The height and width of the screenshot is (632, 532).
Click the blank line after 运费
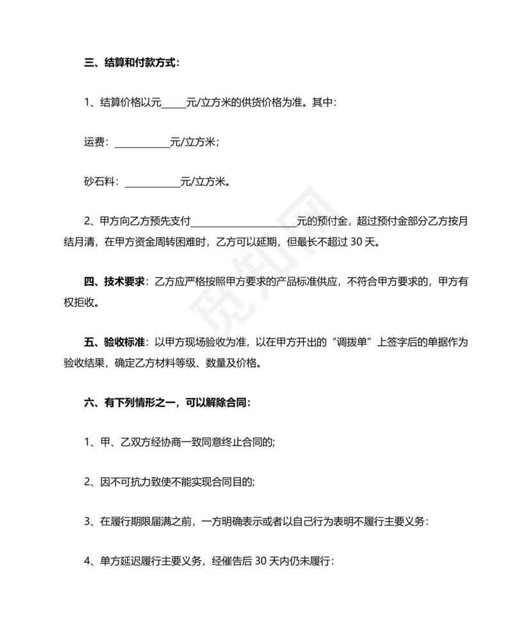pyautogui.click(x=142, y=143)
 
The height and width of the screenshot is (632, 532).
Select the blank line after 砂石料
pyautogui.click(x=153, y=182)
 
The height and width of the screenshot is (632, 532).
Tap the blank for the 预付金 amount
pyautogui.click(x=244, y=222)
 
